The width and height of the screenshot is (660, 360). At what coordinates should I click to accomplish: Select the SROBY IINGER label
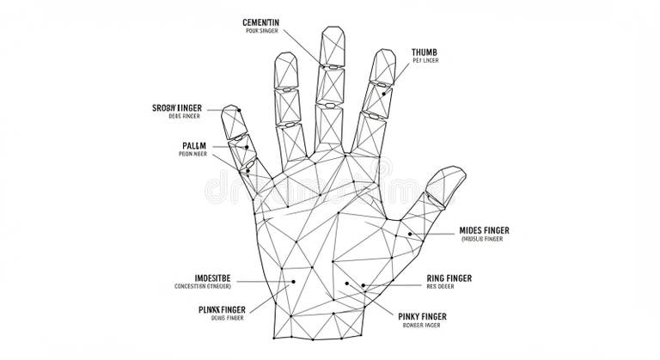pyautogui.click(x=185, y=107)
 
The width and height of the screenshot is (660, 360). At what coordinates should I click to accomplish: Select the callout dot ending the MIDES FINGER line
pyautogui.click(x=410, y=234)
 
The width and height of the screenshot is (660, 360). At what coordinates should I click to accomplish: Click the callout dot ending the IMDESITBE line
pyautogui.click(x=293, y=280)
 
